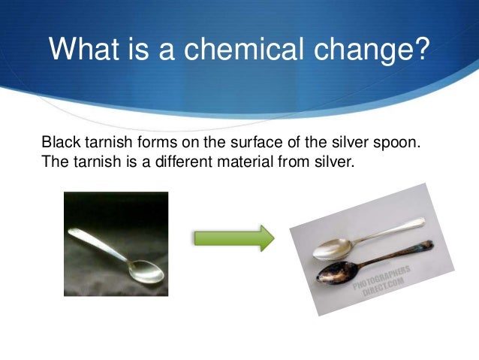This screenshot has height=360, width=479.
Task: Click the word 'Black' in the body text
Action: point(57,142)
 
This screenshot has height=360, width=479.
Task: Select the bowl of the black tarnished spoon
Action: point(333,274)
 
